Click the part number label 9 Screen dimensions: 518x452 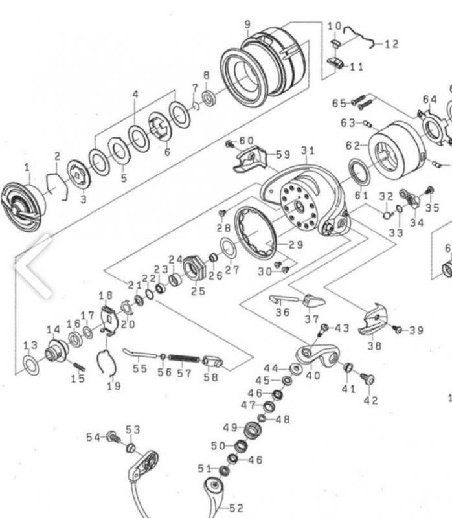coord(247,25)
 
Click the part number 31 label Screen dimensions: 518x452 coord(307,151)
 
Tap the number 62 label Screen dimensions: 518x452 coord(353,146)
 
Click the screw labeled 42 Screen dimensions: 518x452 coord(368,378)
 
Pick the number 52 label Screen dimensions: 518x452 coord(236,509)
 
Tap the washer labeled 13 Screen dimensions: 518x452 coord(31,365)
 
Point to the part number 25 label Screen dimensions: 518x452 coord(198,291)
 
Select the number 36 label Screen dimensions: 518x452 coord(282,312)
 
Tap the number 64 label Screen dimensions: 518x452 coord(430,99)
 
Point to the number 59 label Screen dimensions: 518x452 coord(283,155)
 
